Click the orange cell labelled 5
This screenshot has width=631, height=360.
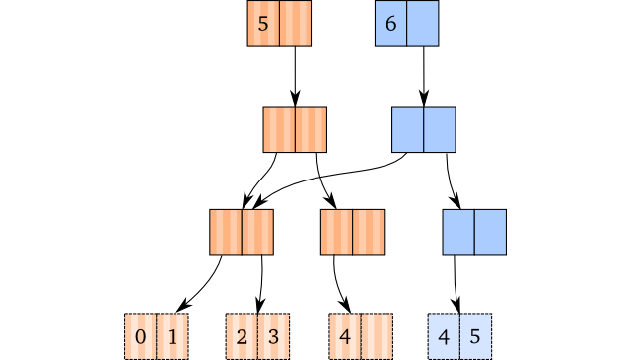(x=263, y=24)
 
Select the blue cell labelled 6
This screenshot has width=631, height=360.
(x=391, y=24)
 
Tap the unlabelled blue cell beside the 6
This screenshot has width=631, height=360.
(x=423, y=24)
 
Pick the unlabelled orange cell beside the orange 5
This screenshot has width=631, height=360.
(x=295, y=24)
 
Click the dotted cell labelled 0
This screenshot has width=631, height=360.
(x=141, y=336)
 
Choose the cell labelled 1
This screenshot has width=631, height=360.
(x=173, y=336)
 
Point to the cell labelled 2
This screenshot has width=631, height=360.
(x=242, y=336)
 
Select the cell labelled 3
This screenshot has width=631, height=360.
(x=273, y=336)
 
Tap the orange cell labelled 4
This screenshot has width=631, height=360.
(x=345, y=336)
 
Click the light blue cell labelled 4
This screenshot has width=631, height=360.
(x=444, y=336)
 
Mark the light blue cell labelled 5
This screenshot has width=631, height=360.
(x=475, y=336)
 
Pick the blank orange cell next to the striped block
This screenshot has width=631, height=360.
(x=377, y=336)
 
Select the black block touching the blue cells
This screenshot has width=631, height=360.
(x=359, y=129)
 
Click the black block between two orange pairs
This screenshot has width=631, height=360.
(x=297, y=233)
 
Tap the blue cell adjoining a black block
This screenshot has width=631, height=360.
(x=408, y=129)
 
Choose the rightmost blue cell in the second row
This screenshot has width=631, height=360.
(x=440, y=129)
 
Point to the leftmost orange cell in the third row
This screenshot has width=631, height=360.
(x=226, y=233)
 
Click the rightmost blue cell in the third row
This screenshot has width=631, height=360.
(x=490, y=233)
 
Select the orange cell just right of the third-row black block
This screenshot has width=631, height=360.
(x=337, y=233)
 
